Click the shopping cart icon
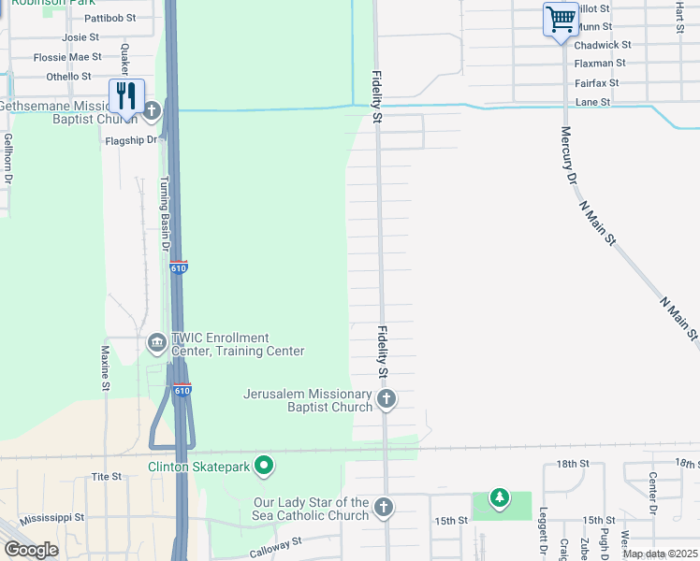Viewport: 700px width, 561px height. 560,19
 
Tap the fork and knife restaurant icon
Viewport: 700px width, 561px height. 126,95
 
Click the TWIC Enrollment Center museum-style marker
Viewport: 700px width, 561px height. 156,344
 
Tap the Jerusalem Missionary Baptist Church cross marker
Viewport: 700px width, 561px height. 386,400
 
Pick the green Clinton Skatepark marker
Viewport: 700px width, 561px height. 265,465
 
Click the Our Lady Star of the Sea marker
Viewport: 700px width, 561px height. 382,508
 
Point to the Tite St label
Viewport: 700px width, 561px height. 107,477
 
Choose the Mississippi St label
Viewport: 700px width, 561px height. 51,517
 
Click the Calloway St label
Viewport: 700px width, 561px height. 276,547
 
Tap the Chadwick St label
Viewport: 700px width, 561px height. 603,45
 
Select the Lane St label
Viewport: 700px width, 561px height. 593,102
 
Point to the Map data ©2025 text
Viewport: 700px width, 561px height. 660,554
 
